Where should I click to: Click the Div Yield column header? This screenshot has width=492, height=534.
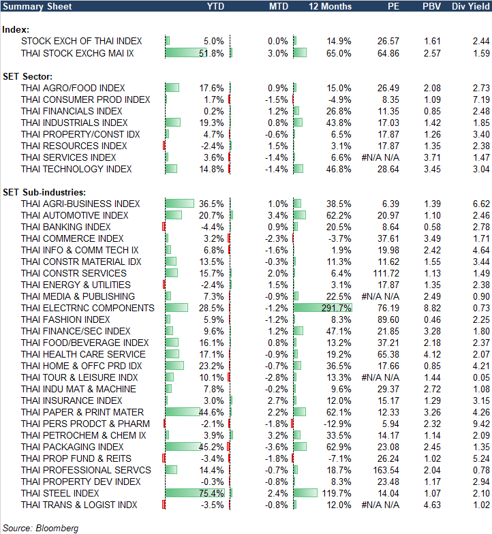click(x=470, y=6)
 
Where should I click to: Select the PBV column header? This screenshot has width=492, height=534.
click(x=431, y=6)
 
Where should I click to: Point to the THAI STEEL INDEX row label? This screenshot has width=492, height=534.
click(x=61, y=493)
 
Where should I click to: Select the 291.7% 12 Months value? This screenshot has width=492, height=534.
click(x=338, y=308)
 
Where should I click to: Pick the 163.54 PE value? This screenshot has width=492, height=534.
click(x=386, y=470)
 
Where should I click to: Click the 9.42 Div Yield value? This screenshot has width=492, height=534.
click(x=480, y=424)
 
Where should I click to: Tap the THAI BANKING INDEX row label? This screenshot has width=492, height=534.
click(x=66, y=227)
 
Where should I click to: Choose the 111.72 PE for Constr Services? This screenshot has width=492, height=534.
click(x=386, y=273)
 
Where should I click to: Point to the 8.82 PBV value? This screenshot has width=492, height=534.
click(x=432, y=308)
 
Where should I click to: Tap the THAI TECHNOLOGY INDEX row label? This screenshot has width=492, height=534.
click(x=76, y=169)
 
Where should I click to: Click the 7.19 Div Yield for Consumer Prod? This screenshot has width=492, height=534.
click(x=480, y=99)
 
